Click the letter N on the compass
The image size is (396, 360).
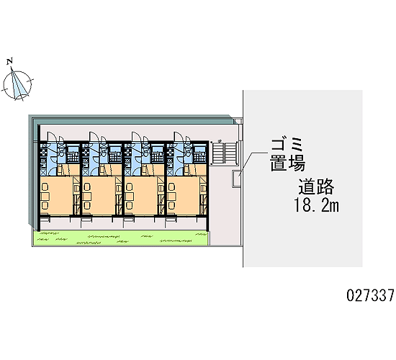tap(9, 61)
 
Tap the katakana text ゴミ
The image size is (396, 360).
tap(286, 145)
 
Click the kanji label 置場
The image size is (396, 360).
tap(288, 163)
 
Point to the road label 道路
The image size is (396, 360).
tap(316, 186)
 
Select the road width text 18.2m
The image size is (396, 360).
tap(316, 205)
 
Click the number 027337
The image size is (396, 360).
tap(370, 295)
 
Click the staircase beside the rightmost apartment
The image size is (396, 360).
tap(225, 153)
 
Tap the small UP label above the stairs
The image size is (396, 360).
tap(220, 140)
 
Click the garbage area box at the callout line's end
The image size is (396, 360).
tap(237, 179)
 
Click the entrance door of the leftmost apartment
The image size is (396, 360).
tap(51, 137)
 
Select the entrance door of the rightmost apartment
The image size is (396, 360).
tap(178, 137)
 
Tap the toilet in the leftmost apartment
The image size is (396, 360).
tap(61, 152)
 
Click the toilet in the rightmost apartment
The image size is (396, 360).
tap(188, 152)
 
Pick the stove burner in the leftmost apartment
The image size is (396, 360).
tap(43, 153)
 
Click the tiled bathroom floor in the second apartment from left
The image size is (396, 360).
tap(115, 158)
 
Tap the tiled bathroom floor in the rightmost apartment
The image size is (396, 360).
tap(200, 158)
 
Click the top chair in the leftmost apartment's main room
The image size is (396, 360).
tap(45, 187)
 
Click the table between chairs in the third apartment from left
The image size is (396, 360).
tap(130, 197)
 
